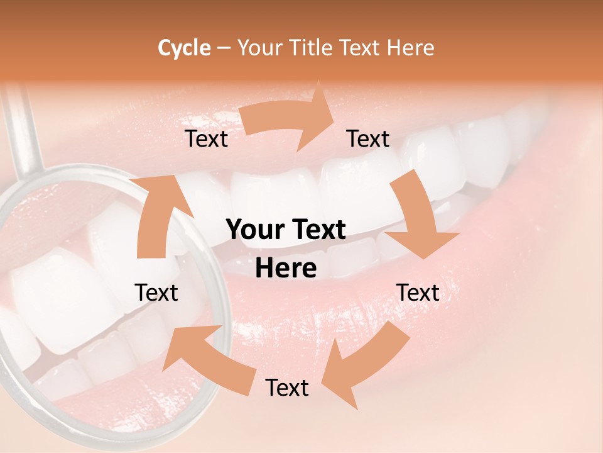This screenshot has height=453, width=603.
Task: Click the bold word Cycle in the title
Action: click(184, 48)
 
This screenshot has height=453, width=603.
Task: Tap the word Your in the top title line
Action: click(260, 48)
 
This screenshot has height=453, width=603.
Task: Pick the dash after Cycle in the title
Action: click(223, 48)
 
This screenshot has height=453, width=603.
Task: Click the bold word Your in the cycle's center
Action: click(254, 230)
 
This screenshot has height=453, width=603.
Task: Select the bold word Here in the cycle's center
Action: click(286, 269)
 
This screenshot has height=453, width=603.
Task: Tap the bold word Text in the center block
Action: click(317, 230)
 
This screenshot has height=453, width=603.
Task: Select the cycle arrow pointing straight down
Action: click(418, 217)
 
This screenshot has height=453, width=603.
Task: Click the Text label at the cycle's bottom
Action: click(286, 388)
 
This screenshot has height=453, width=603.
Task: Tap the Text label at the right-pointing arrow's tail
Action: click(206, 139)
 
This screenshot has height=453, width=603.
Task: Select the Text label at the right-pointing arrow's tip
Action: click(368, 139)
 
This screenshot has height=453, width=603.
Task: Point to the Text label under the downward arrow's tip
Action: click(418, 293)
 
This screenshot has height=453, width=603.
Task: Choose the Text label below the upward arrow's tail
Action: click(156, 293)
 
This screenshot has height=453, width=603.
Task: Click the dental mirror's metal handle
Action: click(24, 129)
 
